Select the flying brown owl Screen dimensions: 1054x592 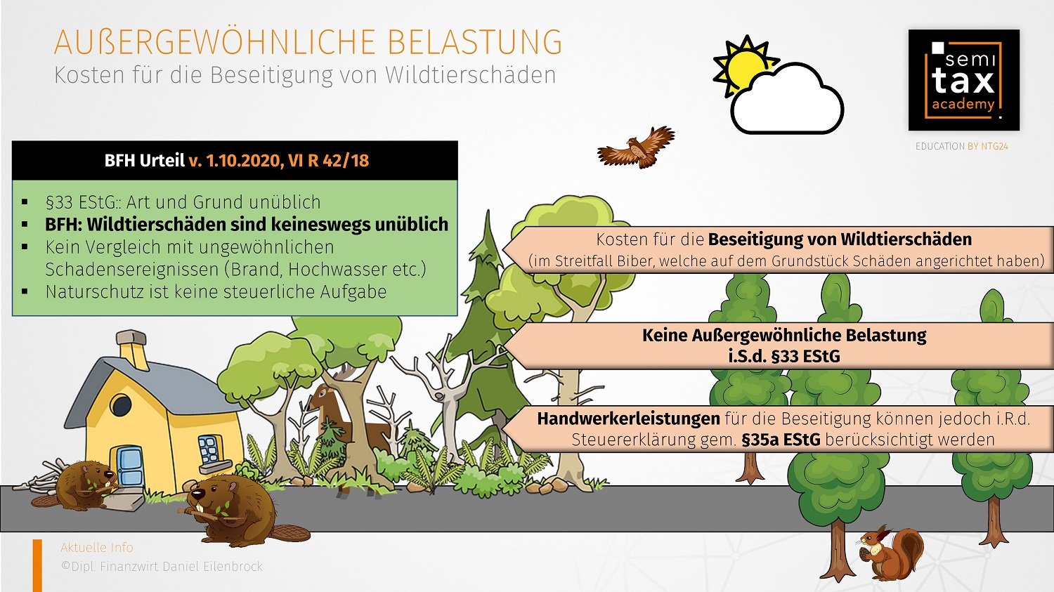[x=636, y=147]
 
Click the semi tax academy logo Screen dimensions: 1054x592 [x=963, y=80]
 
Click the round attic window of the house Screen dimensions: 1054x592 [x=120, y=405]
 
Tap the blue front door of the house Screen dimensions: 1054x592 [x=129, y=468]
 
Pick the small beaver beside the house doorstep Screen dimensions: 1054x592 [x=80, y=486]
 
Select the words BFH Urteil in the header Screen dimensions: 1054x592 [x=145, y=161]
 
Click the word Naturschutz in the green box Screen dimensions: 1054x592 [x=95, y=292]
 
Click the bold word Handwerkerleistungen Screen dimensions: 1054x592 [x=629, y=419]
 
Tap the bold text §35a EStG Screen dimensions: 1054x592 [x=781, y=440]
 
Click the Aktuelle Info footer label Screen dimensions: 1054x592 [x=97, y=547]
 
